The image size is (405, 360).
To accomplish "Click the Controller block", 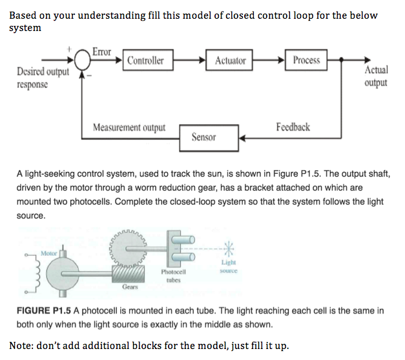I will point(145,61).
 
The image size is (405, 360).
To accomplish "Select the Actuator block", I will point(231,61).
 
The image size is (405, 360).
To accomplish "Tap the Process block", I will point(306,60).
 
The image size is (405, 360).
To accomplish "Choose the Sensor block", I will point(203,137).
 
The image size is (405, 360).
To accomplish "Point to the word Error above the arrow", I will point(101,51).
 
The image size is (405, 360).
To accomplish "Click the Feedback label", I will point(293,127).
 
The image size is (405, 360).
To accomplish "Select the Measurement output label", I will point(129,127).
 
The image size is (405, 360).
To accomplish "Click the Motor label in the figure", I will point(48,252).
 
